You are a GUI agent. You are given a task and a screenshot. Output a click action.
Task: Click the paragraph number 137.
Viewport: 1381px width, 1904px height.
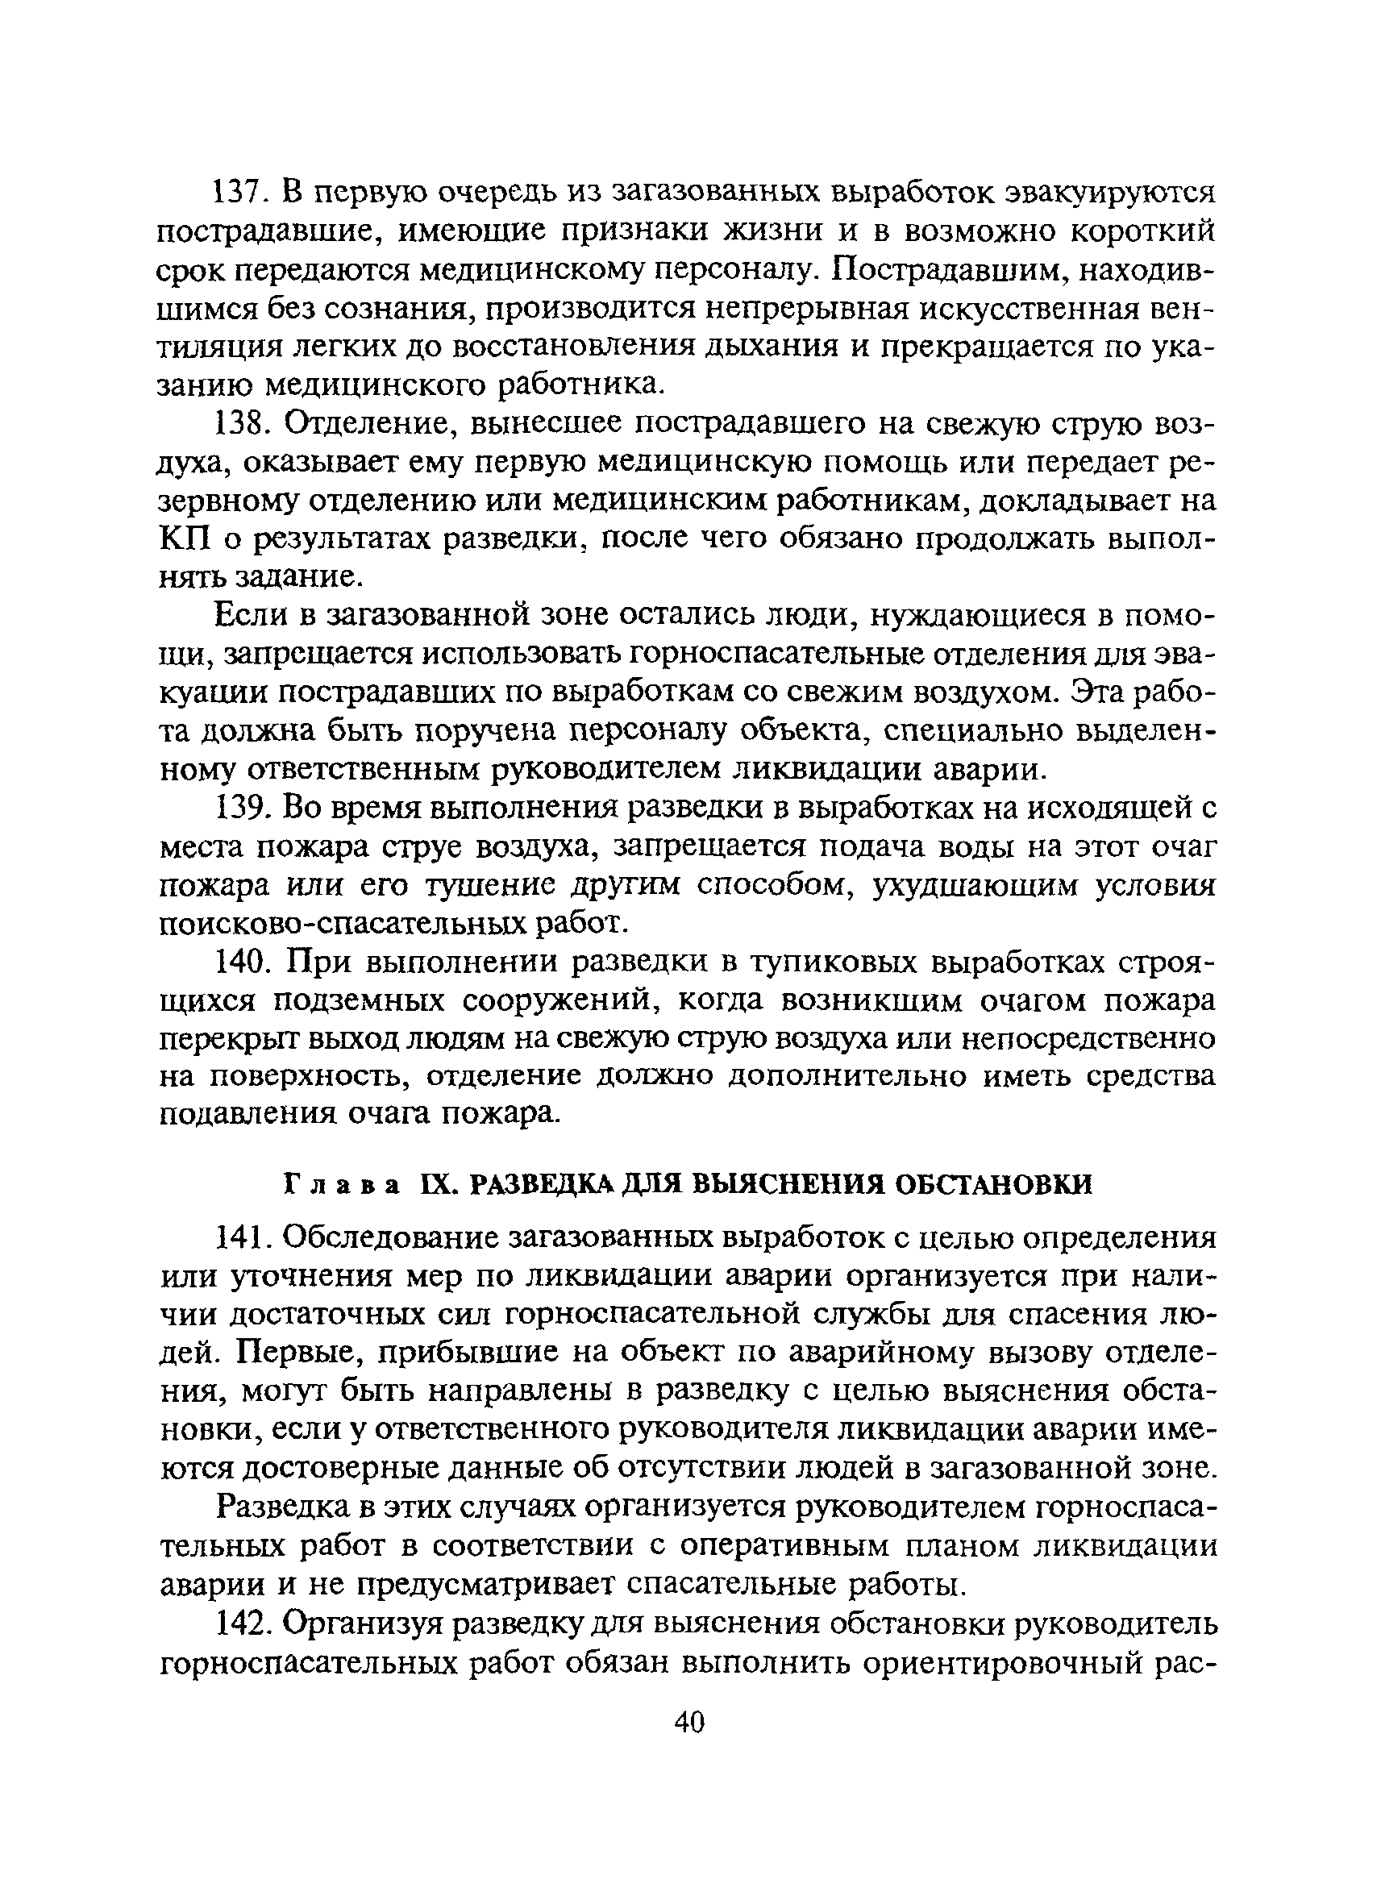pyautogui.click(x=239, y=195)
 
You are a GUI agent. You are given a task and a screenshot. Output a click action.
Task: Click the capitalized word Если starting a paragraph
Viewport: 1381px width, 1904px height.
pyautogui.click(x=248, y=617)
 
